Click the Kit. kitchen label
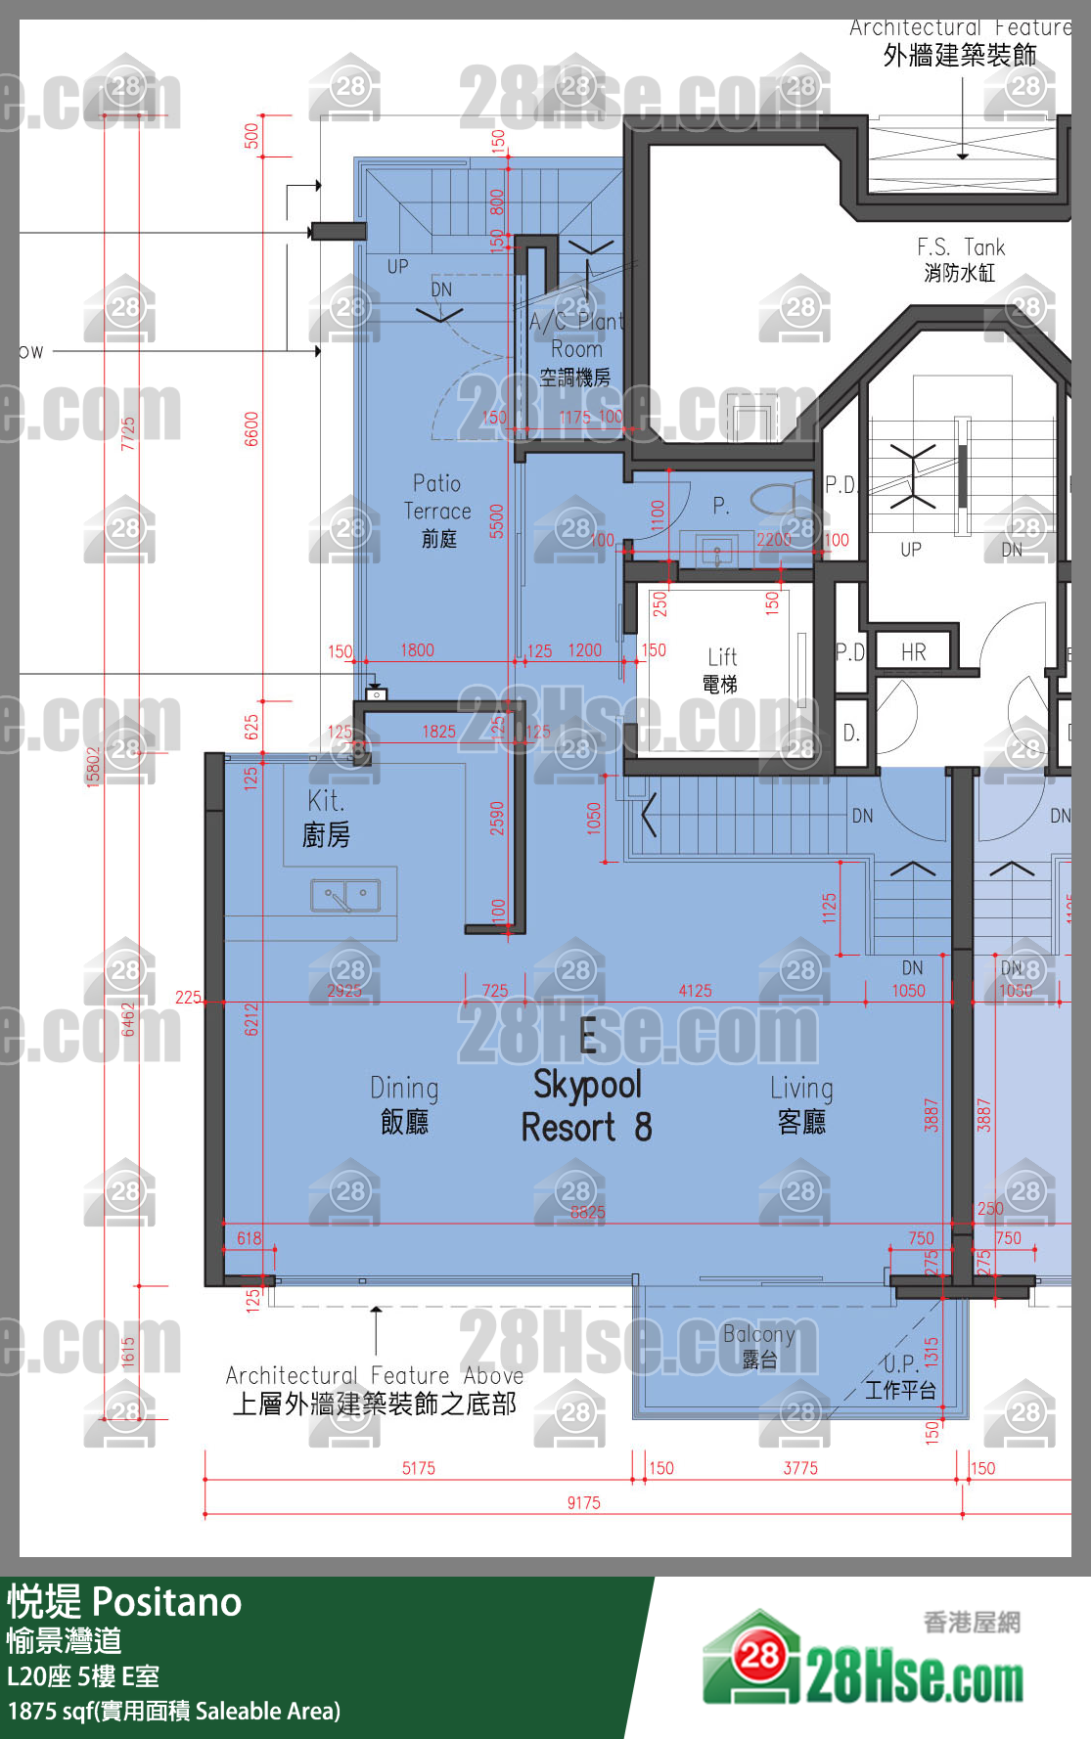326,818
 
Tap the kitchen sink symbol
344,895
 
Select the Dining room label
404,1104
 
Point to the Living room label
801,1104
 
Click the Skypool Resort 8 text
586,1106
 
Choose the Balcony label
758,1346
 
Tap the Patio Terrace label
437,510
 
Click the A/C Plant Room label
576,348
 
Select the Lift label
721,669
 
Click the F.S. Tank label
960,259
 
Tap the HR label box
914,651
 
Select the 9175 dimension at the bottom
584,1502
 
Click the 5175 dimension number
419,1467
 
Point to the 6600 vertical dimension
251,428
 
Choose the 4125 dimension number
695,991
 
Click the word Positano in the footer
166,1602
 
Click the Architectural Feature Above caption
375,1389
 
